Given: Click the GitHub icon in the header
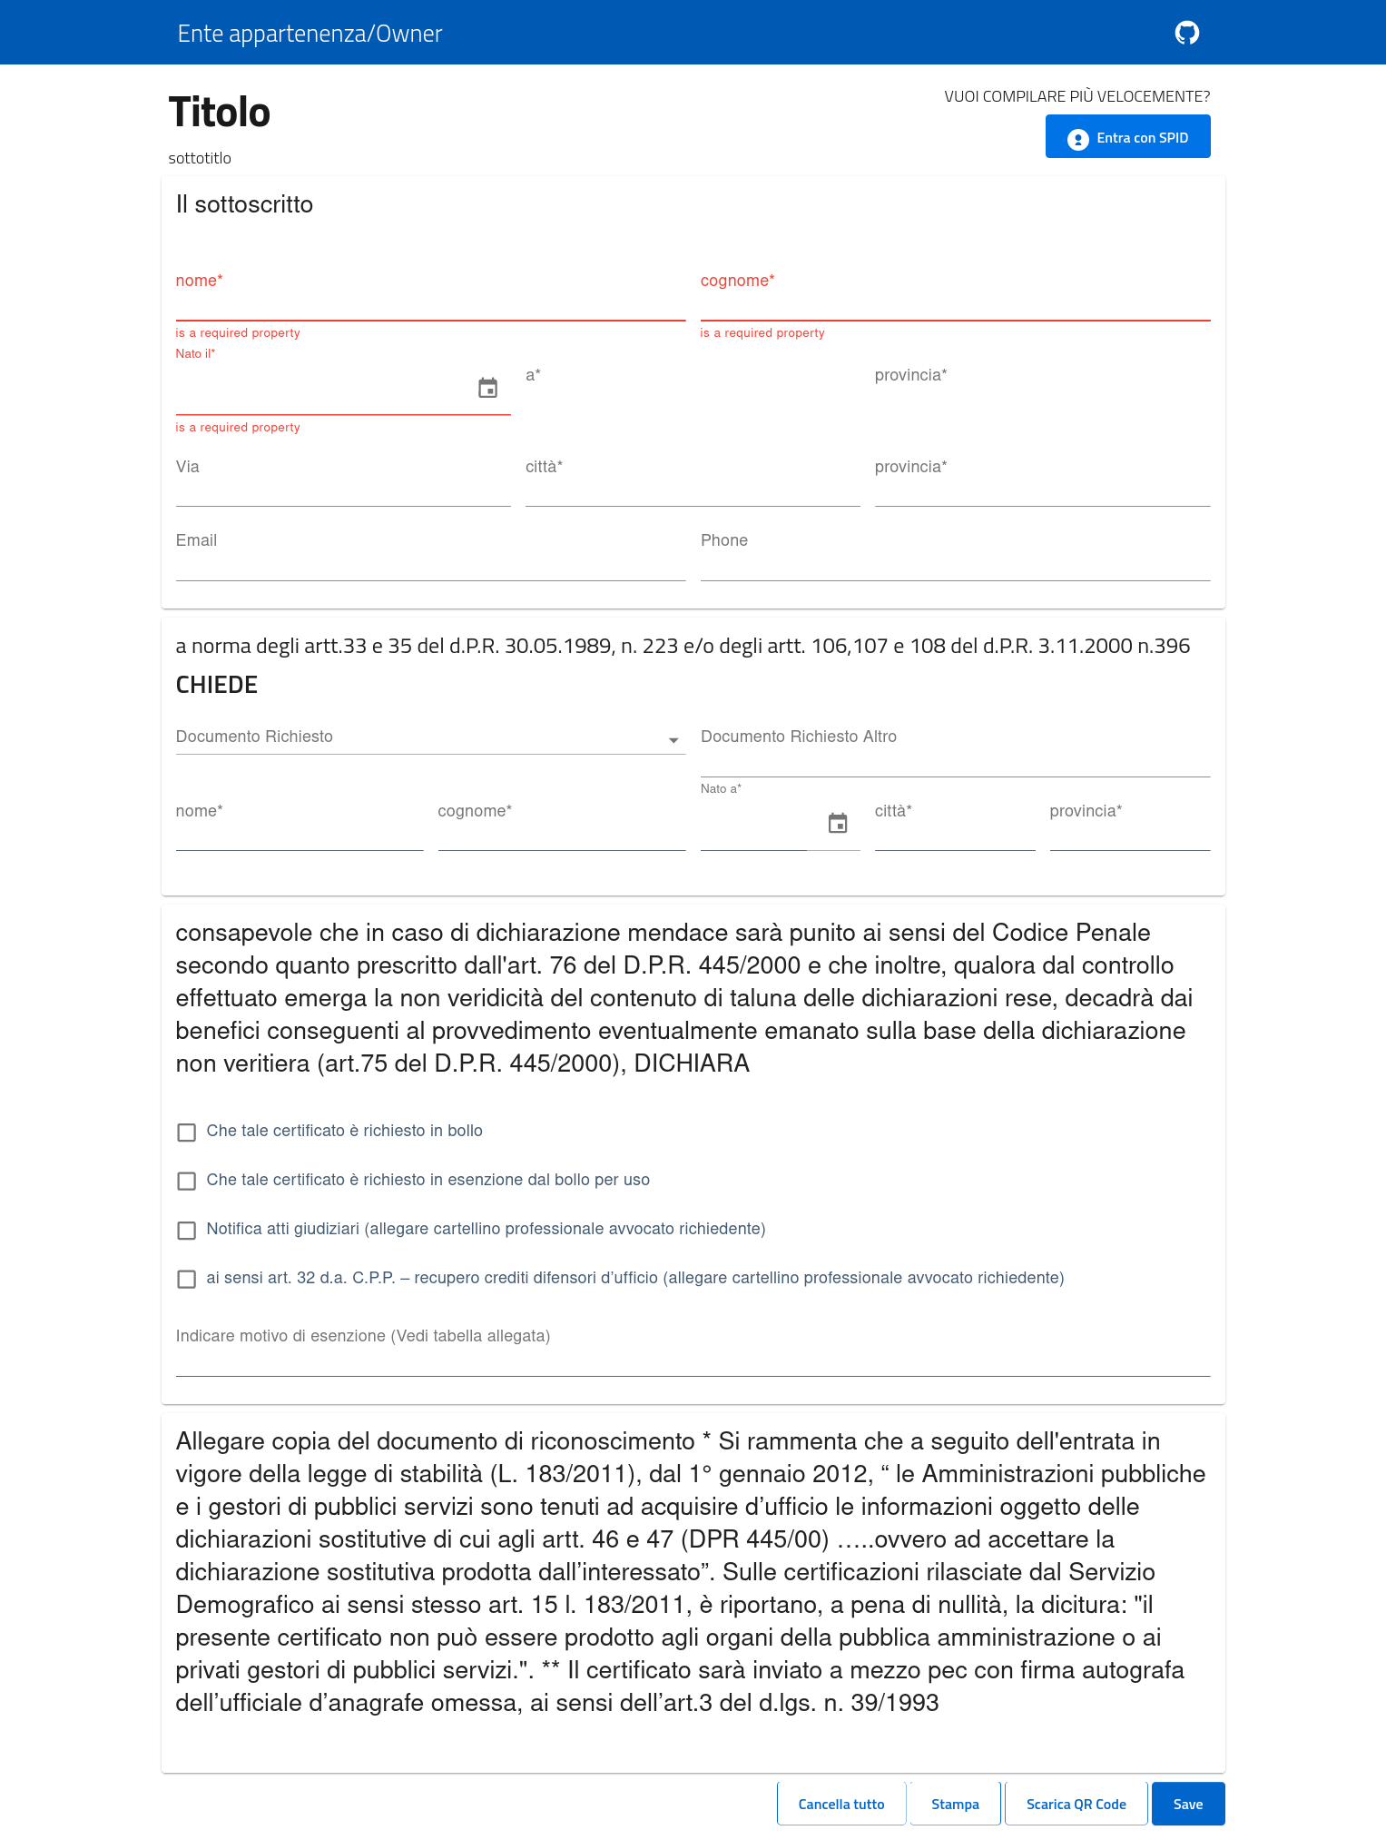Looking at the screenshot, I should [x=1186, y=33].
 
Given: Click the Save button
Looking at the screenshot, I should [x=1187, y=1804].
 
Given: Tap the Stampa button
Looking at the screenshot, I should [x=955, y=1804].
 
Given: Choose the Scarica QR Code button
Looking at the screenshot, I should [x=1076, y=1804].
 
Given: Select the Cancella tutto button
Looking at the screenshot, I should [x=840, y=1804].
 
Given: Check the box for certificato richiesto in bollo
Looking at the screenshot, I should [x=187, y=1133].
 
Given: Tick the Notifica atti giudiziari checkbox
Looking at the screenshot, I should [x=187, y=1231].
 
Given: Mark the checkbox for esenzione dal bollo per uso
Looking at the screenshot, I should [x=187, y=1182].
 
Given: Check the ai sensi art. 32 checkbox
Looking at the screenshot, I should [x=187, y=1280].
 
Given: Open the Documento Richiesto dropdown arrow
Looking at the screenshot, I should [x=673, y=740].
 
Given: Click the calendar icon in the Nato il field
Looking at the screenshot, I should [x=488, y=389].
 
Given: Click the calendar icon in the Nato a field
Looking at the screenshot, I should [x=838, y=824].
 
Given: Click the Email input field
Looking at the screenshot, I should [x=430, y=563].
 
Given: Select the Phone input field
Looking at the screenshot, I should [x=955, y=563].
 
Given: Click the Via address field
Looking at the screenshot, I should [x=343, y=489].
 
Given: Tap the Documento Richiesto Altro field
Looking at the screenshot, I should [x=955, y=758].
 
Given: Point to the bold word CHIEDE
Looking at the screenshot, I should [x=217, y=685].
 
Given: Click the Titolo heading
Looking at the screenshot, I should [x=220, y=113].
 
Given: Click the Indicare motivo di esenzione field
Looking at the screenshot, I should [x=693, y=1359].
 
